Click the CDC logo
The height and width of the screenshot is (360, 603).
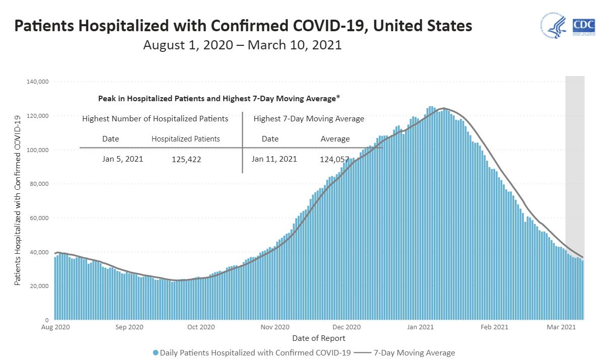(x=583, y=26)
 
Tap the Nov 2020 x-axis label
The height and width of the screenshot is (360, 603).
(x=275, y=327)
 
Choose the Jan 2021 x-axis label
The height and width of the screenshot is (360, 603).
(x=420, y=327)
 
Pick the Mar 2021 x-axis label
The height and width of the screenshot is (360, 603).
(x=561, y=327)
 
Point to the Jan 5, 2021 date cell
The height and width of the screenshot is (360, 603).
(x=122, y=159)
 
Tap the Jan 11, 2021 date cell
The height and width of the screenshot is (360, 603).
(x=274, y=159)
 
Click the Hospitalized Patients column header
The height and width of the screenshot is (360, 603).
(x=185, y=139)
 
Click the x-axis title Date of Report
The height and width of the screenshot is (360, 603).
(x=318, y=338)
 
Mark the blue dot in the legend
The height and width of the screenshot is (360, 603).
(x=156, y=352)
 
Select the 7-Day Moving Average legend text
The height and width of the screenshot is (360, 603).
(x=414, y=352)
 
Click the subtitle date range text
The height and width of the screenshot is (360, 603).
(x=242, y=45)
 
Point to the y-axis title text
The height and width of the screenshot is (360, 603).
(x=18, y=200)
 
